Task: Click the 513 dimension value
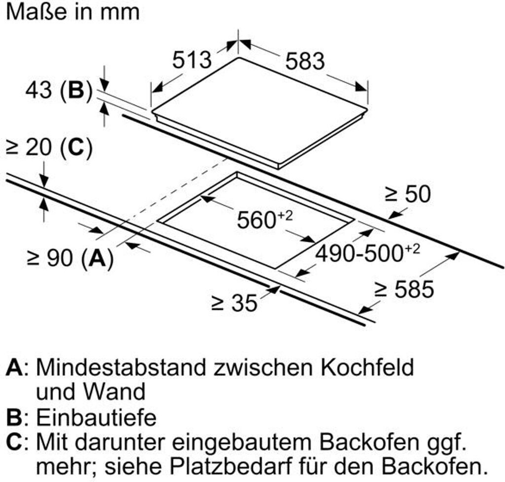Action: click(x=192, y=60)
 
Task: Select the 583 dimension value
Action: click(x=305, y=61)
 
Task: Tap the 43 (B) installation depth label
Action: click(x=59, y=91)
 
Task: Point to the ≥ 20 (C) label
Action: click(x=48, y=148)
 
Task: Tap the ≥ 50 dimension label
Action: click(x=407, y=194)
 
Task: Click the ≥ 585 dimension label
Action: click(x=404, y=289)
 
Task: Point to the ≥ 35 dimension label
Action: click(x=234, y=303)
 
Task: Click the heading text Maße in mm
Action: click(x=73, y=12)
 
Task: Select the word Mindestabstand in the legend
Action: click(x=120, y=368)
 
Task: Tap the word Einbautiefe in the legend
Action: click(x=97, y=418)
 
